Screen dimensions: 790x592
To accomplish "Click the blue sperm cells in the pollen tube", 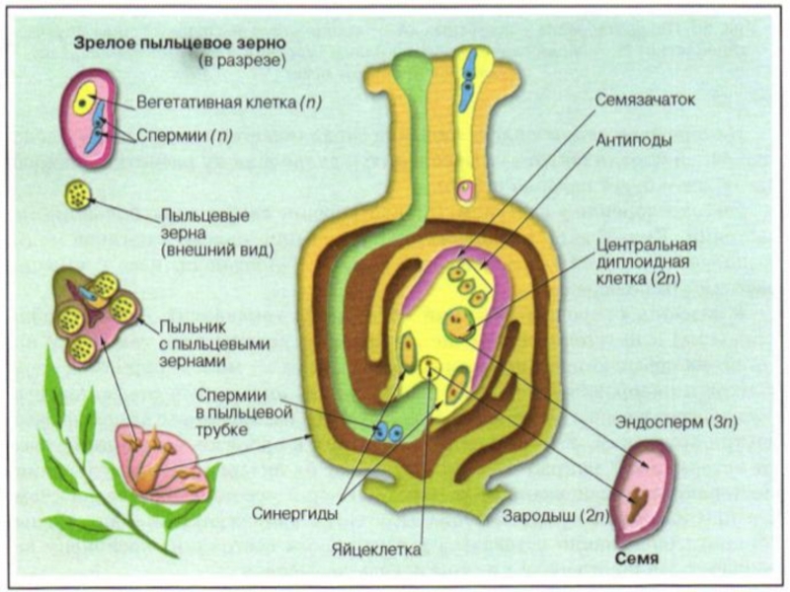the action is pyautogui.click(x=385, y=431).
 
